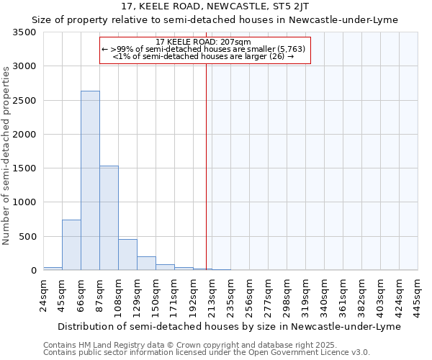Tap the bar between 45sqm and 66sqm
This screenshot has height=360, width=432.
coord(71,245)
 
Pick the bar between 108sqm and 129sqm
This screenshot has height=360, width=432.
coord(127,254)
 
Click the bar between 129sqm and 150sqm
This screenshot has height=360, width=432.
coord(146,264)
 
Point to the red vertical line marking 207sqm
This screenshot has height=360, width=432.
coord(206,166)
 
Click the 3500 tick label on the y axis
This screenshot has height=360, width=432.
coord(24,32)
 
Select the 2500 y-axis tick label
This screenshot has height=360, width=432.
coord(24,101)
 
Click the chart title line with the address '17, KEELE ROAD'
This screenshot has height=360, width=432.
coord(215,6)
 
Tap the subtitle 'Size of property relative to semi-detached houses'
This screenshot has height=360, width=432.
coord(215,19)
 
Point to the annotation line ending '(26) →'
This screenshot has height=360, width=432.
coord(204,55)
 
